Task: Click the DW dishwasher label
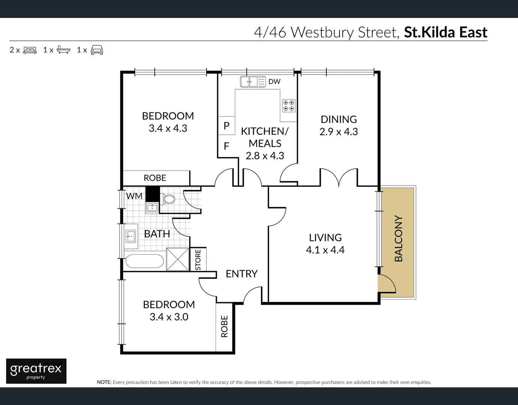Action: [274, 81]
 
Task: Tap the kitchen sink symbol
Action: [249, 81]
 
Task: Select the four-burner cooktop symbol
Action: [289, 105]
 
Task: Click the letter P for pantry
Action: [227, 126]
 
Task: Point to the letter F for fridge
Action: [227, 146]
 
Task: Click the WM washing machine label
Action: [134, 196]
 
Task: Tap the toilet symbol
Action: [168, 199]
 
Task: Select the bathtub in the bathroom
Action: [144, 261]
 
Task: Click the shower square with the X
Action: [177, 259]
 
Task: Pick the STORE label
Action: [198, 259]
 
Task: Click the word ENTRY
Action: [242, 274]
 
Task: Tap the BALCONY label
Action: [398, 238]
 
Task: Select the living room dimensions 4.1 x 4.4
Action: [325, 250]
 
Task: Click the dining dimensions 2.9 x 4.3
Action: [338, 132]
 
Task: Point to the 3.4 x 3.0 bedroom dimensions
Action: [169, 317]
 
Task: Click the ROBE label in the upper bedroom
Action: [155, 178]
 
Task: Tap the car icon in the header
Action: [97, 50]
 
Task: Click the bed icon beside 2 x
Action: [30, 50]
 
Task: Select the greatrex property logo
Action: [36, 371]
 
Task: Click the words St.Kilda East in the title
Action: [445, 32]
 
